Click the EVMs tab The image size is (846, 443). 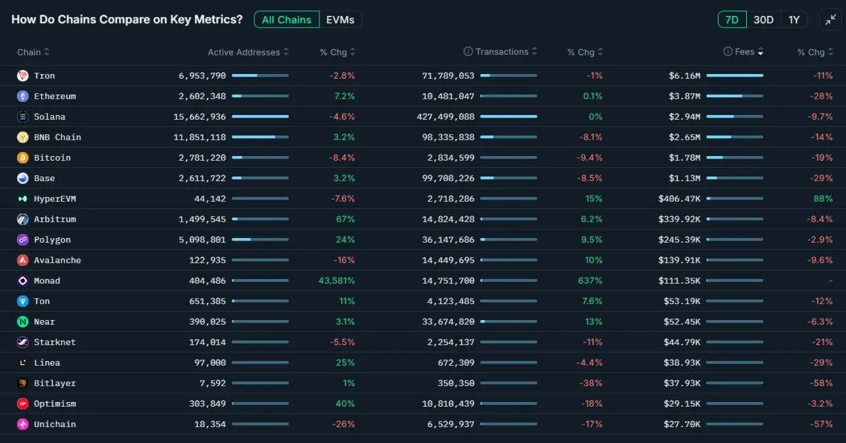[340, 20]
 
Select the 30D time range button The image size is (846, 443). [763, 20]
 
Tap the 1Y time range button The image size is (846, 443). [794, 20]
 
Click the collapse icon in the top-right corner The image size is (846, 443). [830, 20]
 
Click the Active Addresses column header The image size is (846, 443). [244, 52]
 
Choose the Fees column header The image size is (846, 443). [744, 52]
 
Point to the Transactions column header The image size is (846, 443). [502, 52]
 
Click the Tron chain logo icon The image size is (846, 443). [22, 76]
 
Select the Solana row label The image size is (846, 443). [50, 117]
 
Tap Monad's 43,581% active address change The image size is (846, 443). [336, 281]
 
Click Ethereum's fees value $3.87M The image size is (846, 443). [684, 97]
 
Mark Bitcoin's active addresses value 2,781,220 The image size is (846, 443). [202, 158]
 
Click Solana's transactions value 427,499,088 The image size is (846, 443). [448, 117]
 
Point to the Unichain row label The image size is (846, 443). [55, 424]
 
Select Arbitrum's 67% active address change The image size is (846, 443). [345, 220]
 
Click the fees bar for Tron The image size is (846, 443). [734, 76]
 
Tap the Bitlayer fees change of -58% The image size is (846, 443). [823, 383]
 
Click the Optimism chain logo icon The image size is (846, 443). [22, 404]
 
